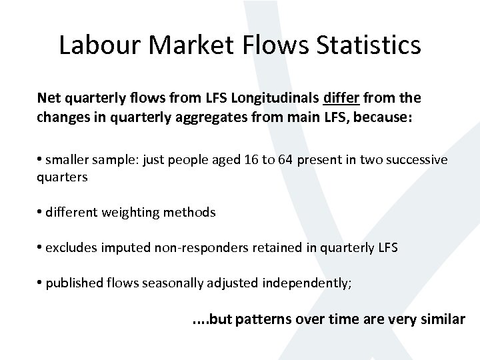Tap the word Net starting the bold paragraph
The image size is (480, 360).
pos(49,99)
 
